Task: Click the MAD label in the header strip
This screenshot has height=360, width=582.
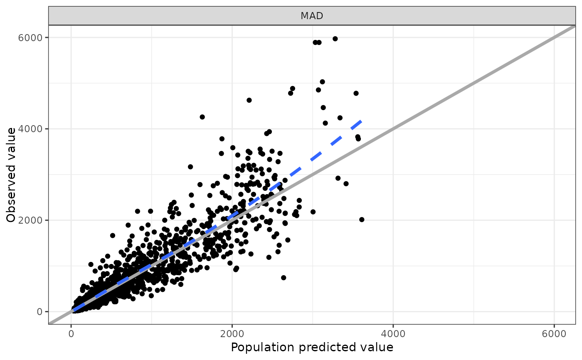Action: coord(312,16)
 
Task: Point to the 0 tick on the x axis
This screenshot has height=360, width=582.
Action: coord(71,333)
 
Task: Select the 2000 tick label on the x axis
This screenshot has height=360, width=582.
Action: coord(232,333)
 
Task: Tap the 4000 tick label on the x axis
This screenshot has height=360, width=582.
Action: coord(393,333)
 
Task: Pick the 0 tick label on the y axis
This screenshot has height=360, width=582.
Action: coord(40,311)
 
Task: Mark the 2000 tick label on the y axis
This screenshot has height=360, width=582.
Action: coord(34,220)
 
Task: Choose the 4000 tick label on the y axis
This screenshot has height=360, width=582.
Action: coord(34,128)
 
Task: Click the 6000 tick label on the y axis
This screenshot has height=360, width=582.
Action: coord(34,37)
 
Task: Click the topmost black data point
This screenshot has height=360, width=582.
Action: coord(335,39)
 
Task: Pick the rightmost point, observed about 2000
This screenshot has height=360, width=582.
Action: coord(362,219)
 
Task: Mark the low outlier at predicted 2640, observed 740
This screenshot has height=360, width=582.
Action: coord(284,278)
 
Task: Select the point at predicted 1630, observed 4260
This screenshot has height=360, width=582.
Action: coord(202,117)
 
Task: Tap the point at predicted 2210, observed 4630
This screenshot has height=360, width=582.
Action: coord(249,100)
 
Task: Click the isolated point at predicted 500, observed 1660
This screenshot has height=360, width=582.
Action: coord(112,235)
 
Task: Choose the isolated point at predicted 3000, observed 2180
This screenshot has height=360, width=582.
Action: coord(313,212)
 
